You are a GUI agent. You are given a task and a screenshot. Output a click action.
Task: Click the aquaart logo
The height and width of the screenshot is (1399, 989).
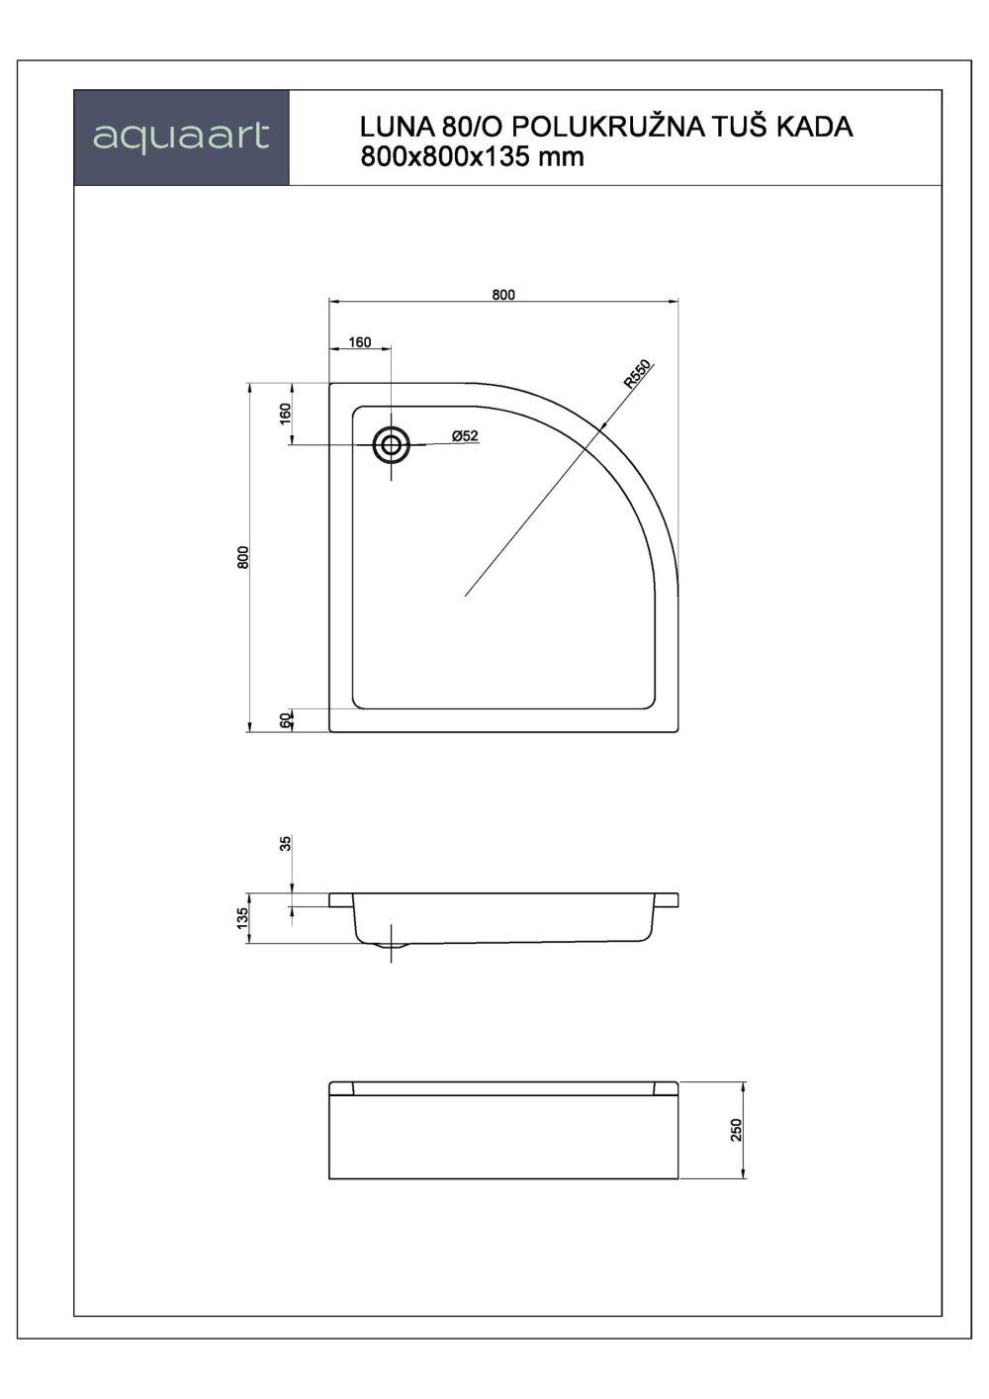[x=181, y=138]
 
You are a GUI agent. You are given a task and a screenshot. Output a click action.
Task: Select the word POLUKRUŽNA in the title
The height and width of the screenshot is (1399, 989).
[x=609, y=126]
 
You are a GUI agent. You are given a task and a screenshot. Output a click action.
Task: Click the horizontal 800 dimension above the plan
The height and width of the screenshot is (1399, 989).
[x=503, y=295]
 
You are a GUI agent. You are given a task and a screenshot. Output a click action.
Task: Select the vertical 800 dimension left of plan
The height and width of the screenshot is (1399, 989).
[x=243, y=557]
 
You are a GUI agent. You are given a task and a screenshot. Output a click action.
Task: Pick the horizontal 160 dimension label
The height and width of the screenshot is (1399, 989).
[x=360, y=342]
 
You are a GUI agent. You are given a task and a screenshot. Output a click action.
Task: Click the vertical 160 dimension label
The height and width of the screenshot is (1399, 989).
[x=286, y=414]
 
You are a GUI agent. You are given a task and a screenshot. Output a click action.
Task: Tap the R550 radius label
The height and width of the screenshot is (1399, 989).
[x=637, y=374]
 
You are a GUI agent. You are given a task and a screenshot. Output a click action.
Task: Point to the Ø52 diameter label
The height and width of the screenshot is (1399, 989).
[x=465, y=436]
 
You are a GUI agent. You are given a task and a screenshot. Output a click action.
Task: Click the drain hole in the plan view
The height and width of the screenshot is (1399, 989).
[x=392, y=444]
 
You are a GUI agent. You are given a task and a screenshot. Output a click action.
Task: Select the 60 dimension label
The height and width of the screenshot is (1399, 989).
[x=286, y=720]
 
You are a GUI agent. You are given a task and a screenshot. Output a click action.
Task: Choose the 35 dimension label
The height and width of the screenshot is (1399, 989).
[x=286, y=844]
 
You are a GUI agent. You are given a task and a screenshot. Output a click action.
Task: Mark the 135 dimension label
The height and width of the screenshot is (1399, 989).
[x=242, y=917]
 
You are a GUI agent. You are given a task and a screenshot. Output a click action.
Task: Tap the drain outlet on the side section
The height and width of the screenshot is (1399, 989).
[x=391, y=948]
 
